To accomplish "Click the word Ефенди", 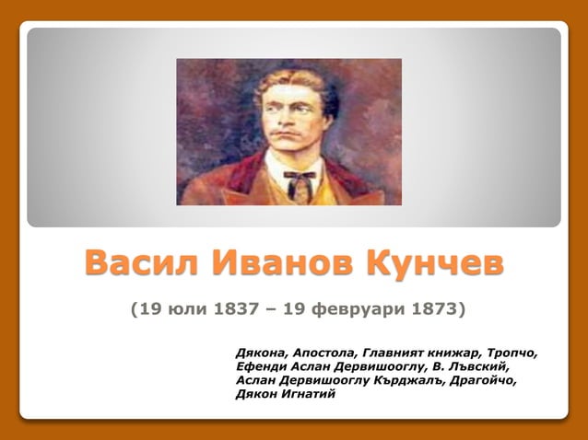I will (x=261, y=366).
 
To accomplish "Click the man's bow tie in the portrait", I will (x=298, y=174).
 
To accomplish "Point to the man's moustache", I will (x=296, y=138).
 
